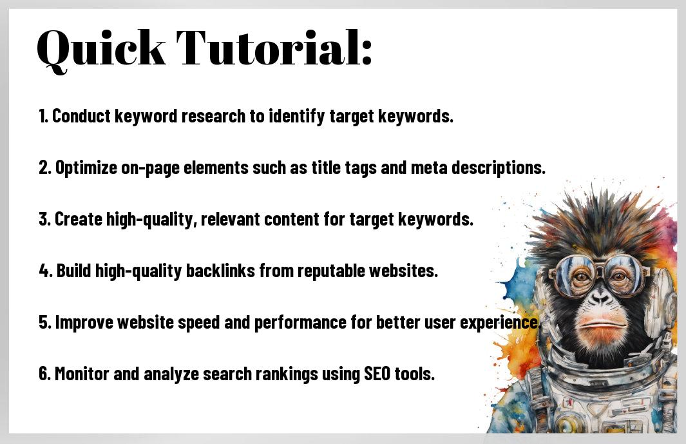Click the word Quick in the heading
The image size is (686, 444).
101,49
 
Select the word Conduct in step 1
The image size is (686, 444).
81,116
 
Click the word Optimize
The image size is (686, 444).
86,168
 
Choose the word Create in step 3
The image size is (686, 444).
79,219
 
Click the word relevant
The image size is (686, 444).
231,219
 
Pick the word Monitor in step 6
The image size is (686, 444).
82,374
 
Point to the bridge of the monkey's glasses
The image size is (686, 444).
598,265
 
